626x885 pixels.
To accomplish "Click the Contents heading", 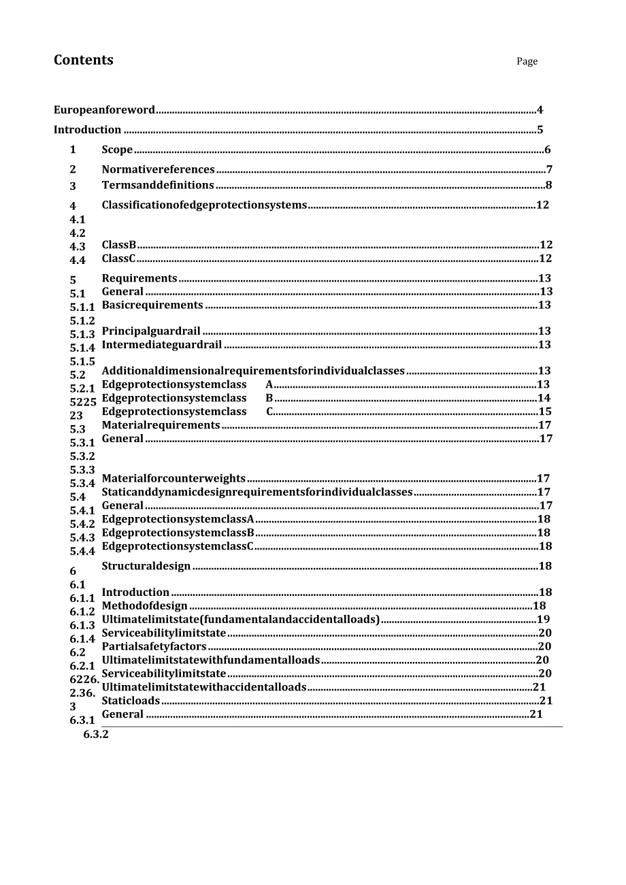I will pyautogui.click(x=84, y=60).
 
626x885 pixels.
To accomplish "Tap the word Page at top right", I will pyautogui.click(x=527, y=61).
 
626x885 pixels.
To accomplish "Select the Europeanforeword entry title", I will pyautogui.click(x=104, y=110).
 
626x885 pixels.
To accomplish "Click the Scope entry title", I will pyautogui.click(x=117, y=150).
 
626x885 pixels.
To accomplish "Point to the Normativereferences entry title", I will pyautogui.click(x=158, y=169).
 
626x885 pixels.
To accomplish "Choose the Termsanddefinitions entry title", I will pyautogui.click(x=158, y=185).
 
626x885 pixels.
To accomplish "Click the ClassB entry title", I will pyautogui.click(x=119, y=245).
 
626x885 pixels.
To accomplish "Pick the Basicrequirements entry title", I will pyautogui.click(x=152, y=305).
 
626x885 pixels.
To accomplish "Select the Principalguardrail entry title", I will pyautogui.click(x=151, y=331).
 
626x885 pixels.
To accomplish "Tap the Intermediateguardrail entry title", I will pyautogui.click(x=162, y=345).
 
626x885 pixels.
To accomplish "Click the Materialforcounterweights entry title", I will pyautogui.click(x=174, y=479).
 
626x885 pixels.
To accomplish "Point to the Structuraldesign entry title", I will pyautogui.click(x=146, y=566).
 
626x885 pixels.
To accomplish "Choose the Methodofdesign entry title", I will pyautogui.click(x=144, y=606).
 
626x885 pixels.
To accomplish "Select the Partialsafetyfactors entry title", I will pyautogui.click(x=154, y=646).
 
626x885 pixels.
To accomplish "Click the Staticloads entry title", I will pyautogui.click(x=131, y=701).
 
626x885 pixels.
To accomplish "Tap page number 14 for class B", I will pyautogui.click(x=544, y=398).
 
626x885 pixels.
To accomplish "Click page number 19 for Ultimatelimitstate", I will pyautogui.click(x=544, y=619).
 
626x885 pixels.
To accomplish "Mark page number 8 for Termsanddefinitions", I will pyautogui.click(x=548, y=185).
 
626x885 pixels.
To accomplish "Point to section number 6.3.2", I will pyautogui.click(x=96, y=735).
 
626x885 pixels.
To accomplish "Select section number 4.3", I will pyautogui.click(x=78, y=247).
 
